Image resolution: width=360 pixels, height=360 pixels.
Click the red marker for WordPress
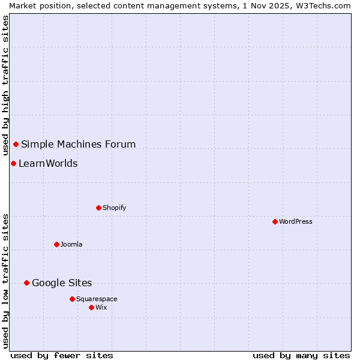(x=275, y=221)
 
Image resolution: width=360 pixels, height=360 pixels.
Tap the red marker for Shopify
(x=98, y=208)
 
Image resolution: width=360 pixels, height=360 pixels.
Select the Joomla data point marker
(x=56, y=244)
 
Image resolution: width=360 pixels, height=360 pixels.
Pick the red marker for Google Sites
(x=26, y=283)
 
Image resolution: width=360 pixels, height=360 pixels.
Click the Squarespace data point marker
(x=72, y=299)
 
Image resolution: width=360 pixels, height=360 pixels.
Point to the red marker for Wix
(x=91, y=307)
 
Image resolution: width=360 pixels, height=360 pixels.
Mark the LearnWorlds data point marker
(x=13, y=163)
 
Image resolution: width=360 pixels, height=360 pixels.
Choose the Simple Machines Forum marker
(x=16, y=144)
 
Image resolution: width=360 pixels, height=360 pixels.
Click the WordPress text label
(x=296, y=221)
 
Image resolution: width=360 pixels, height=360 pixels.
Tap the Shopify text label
(x=114, y=208)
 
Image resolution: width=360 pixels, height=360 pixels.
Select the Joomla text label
(x=71, y=244)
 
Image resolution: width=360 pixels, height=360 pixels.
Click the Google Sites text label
(x=62, y=283)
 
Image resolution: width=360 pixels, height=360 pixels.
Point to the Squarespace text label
(x=97, y=299)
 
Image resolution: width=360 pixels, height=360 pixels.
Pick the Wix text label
(x=101, y=307)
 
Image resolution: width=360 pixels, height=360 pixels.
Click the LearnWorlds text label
(x=48, y=163)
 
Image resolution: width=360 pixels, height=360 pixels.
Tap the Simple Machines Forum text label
(x=78, y=144)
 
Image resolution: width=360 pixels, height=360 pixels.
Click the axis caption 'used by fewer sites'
(x=62, y=355)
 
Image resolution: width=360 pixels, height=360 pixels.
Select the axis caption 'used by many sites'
(x=301, y=355)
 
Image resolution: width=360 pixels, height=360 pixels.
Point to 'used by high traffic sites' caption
(x=5, y=85)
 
